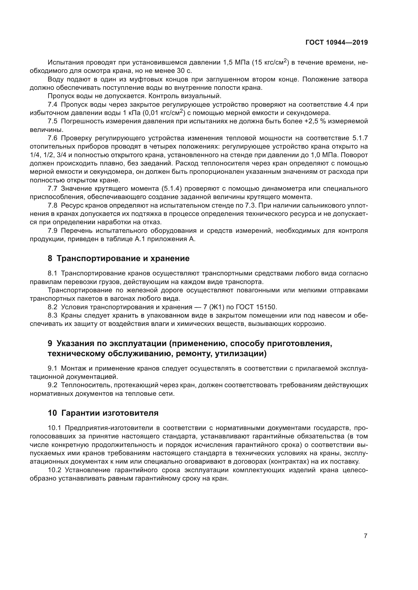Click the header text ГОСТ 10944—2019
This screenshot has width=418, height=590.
point(336,43)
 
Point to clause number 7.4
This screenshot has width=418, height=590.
point(53,105)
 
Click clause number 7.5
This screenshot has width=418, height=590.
point(53,121)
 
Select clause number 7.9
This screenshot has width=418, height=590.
point(53,231)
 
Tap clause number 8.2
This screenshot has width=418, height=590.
point(53,307)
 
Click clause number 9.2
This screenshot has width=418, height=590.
point(53,385)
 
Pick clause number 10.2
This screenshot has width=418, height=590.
point(55,470)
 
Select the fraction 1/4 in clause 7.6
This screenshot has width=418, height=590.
point(34,155)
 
